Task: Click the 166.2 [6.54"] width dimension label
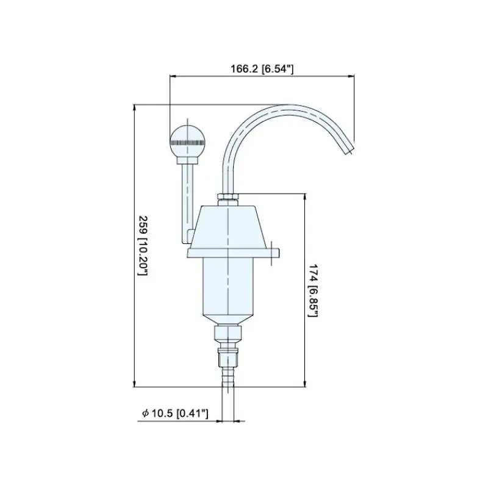coord(262,69)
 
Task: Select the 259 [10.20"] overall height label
coord(143,246)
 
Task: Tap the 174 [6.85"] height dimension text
coord(313,290)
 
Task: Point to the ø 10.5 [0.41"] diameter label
coord(175,414)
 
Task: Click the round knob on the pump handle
coord(187,141)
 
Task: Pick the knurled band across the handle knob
coord(187,143)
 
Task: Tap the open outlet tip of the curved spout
coord(348,148)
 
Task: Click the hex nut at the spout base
coord(228,196)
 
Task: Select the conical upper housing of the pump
coord(228,226)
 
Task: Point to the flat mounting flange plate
coord(233,253)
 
